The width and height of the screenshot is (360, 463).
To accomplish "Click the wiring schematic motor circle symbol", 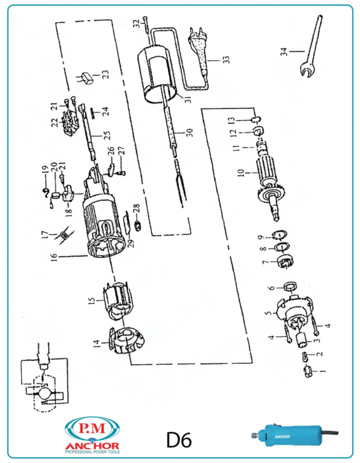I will pyautogui.click(x=43, y=393).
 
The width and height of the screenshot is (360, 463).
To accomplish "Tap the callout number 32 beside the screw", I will pyautogui.click(x=137, y=25).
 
